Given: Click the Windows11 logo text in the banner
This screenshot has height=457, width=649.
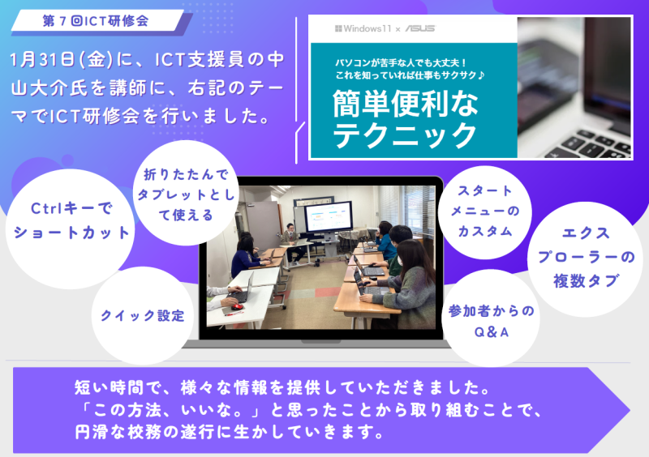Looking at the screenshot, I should point(363,28).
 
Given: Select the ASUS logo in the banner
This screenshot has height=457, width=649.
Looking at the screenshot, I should point(419,28).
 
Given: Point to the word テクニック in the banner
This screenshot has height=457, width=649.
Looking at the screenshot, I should point(405,132).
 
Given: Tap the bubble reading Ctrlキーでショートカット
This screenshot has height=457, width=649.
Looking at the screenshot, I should point(69,220).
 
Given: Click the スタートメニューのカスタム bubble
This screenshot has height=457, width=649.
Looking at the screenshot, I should point(485,211).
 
